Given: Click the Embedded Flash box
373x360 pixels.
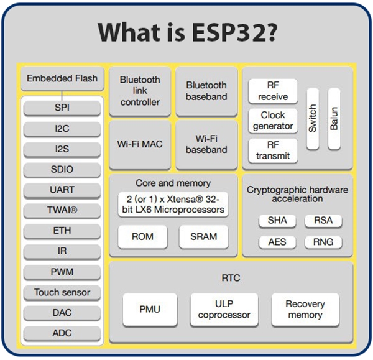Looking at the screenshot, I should (x=62, y=79).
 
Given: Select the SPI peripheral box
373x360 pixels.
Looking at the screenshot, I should (x=62, y=108).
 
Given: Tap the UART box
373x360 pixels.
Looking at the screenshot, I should (x=62, y=189).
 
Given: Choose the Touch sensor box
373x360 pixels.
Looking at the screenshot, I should (x=62, y=292).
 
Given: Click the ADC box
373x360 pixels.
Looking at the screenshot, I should (x=62, y=333).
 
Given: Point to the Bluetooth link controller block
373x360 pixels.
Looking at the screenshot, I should (x=140, y=91).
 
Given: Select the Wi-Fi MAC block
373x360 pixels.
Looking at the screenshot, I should (x=140, y=144).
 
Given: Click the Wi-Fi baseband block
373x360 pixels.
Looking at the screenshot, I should (x=206, y=144).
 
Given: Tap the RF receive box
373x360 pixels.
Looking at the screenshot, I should (x=273, y=91).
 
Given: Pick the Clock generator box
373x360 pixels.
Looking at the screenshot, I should (x=273, y=120).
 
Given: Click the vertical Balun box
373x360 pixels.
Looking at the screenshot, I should (x=334, y=118).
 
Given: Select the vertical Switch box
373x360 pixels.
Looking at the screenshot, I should (x=313, y=118).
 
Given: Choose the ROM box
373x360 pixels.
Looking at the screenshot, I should (x=143, y=237).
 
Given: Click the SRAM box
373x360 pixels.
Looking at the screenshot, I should (x=203, y=237).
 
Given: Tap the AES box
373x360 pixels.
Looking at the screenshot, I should (x=277, y=241).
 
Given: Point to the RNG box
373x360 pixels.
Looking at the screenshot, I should (x=323, y=241).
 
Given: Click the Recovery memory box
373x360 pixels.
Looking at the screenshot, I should (x=305, y=309).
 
